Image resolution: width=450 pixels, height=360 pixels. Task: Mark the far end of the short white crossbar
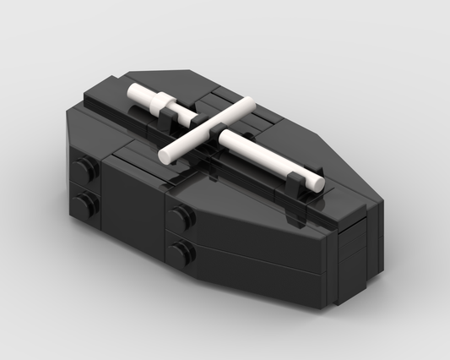click(x=249, y=104)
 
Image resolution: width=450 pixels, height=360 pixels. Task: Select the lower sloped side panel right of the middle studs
click(x=253, y=263)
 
